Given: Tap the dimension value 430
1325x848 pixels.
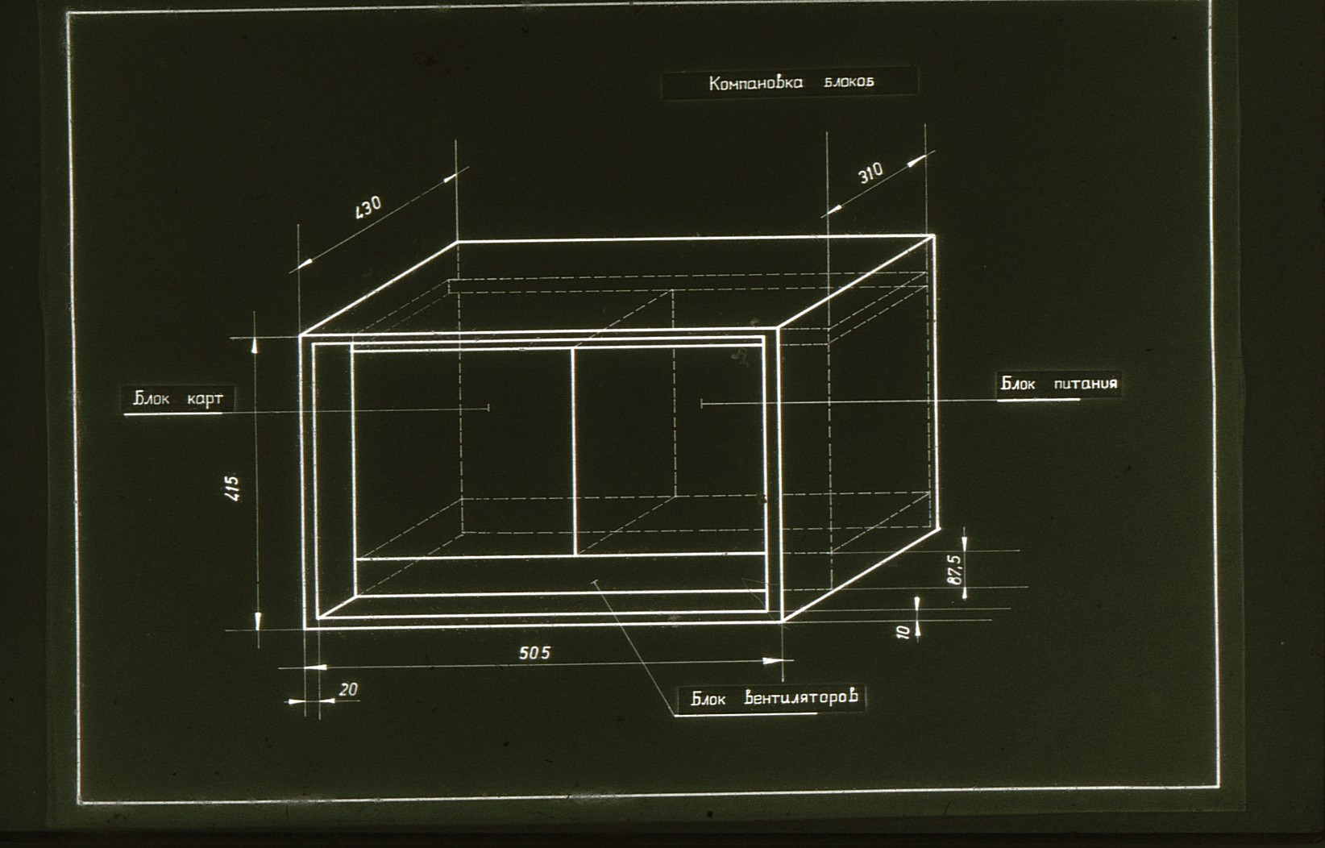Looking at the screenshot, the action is click(x=368, y=208).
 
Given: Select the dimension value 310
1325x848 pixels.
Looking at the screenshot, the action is click(x=870, y=173).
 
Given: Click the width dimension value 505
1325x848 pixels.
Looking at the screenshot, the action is click(x=534, y=653).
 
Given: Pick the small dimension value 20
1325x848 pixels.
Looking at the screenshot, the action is click(x=348, y=689).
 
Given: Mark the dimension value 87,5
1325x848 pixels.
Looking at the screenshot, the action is click(x=955, y=570).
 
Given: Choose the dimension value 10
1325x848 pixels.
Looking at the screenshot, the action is click(x=903, y=632).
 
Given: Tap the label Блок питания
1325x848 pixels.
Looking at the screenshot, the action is click(x=1059, y=383).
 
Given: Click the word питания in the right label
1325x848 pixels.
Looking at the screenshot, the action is click(x=1086, y=383).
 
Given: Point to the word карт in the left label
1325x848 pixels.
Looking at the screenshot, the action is click(x=206, y=399).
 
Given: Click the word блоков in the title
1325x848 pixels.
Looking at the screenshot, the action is click(x=849, y=82).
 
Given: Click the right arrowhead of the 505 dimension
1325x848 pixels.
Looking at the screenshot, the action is click(x=773, y=661).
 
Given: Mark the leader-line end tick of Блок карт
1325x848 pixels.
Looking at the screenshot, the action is click(x=488, y=408).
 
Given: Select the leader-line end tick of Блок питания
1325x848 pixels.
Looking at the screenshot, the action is click(x=701, y=404).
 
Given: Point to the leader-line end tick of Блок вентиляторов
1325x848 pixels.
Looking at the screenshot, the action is click(x=595, y=584).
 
